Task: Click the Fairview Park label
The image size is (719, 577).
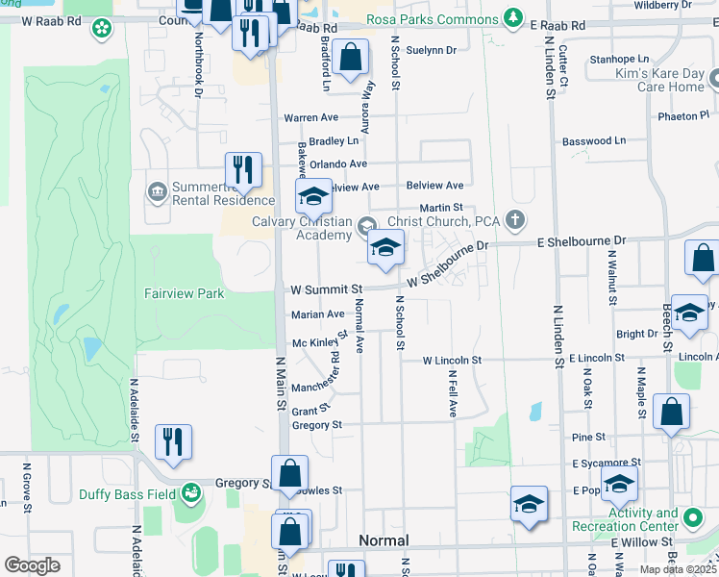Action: (184, 292)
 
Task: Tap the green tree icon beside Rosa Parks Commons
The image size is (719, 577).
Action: (514, 19)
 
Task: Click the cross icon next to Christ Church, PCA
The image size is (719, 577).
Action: (515, 220)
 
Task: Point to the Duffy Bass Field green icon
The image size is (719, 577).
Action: (193, 492)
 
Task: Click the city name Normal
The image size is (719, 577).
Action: (384, 540)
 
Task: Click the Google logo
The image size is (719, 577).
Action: (32, 565)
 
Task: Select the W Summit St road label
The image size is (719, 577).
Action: (326, 288)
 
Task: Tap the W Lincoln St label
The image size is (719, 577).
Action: (451, 360)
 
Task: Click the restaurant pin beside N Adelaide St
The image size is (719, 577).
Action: (173, 441)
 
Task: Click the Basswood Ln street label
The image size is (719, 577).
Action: (593, 140)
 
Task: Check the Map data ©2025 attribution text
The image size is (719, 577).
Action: (676, 569)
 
